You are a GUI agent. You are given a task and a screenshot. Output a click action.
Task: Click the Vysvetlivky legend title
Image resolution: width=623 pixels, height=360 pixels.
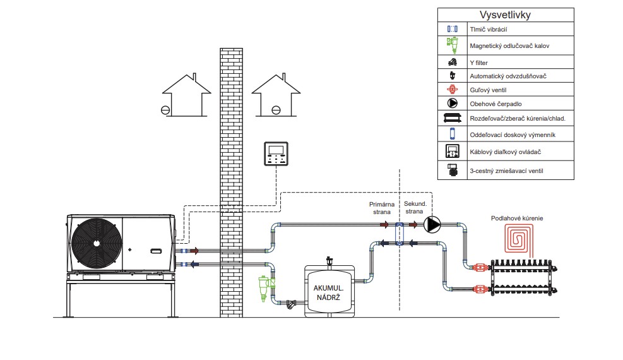pos(506,15)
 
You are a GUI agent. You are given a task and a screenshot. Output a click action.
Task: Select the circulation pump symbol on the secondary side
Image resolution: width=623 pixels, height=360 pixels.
pos(432,224)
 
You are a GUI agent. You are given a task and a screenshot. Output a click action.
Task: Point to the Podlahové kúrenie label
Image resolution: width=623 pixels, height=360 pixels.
pos(516,218)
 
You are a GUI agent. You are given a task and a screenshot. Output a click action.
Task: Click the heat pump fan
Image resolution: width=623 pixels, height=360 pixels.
pos(95,243)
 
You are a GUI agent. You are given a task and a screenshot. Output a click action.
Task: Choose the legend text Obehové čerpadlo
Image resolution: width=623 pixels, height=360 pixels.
pos(495,103)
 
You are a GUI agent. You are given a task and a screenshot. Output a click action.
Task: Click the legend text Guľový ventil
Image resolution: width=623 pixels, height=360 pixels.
pos(490,90)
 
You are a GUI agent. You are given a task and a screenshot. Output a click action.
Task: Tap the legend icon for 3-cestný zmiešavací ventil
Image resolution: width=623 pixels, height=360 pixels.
pos(452,170)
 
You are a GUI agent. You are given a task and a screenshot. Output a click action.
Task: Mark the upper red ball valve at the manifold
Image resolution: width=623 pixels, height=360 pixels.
pos(480,268)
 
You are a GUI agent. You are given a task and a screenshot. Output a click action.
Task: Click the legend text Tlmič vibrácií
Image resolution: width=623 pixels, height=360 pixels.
pos(487,29)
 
